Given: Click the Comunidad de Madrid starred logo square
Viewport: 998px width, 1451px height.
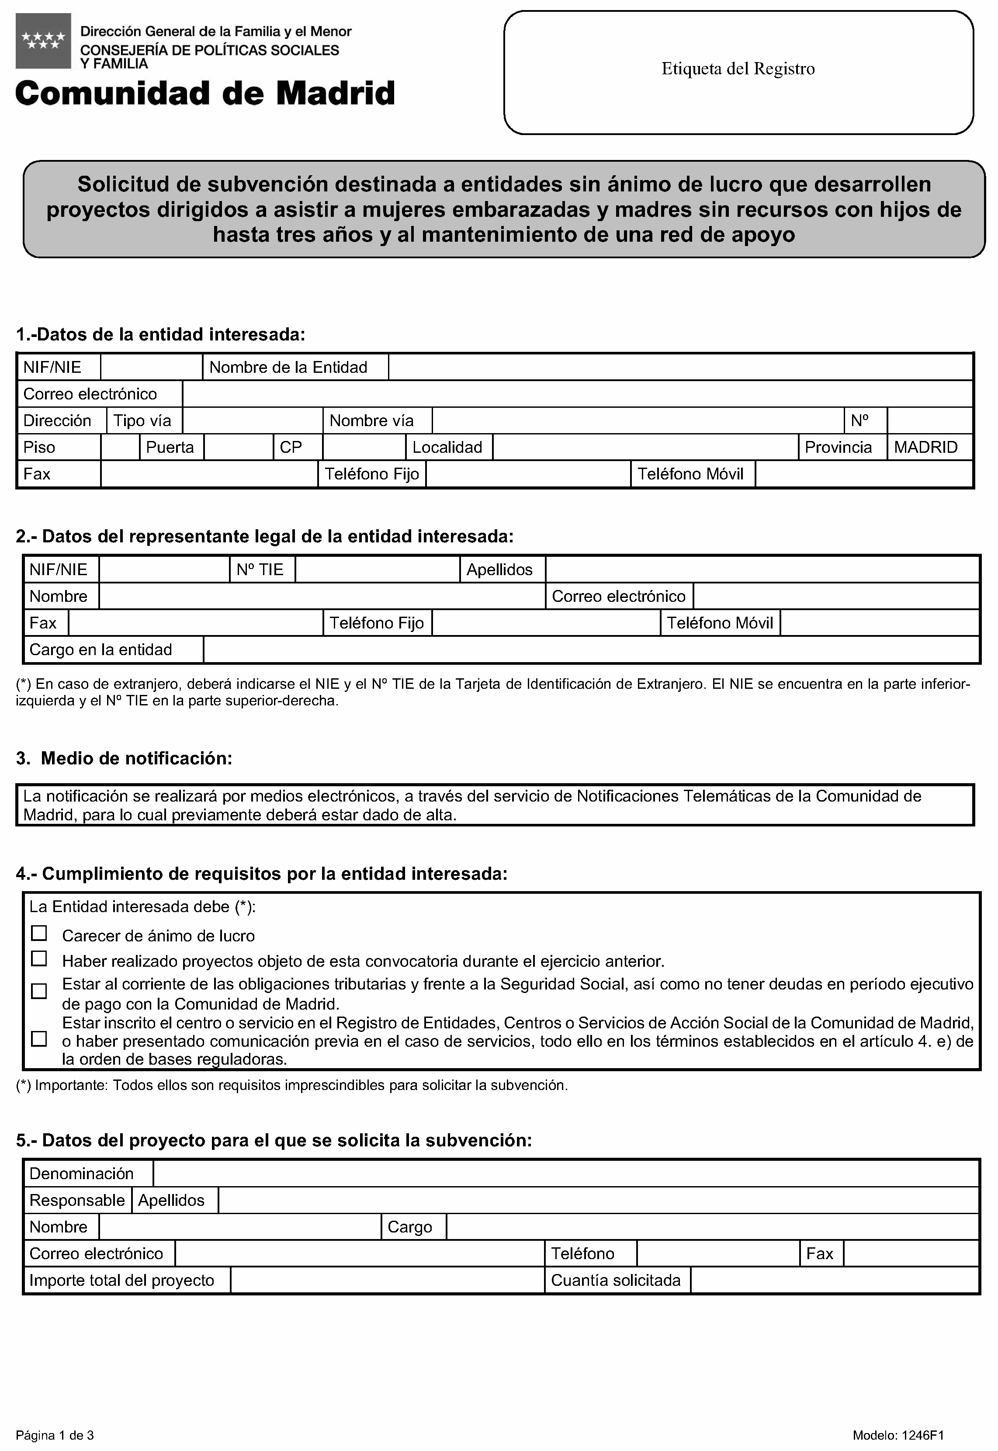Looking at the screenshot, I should pos(43,41).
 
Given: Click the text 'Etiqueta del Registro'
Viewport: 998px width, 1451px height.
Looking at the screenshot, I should pos(738,69).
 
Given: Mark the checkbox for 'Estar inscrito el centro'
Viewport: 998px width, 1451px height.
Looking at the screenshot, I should pos(39,1039).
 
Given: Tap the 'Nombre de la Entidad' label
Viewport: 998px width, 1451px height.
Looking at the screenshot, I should pos(288,367).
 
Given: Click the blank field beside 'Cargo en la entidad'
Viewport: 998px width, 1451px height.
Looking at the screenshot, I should pos(591,650).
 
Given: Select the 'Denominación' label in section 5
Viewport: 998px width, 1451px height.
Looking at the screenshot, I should pos(82,1173).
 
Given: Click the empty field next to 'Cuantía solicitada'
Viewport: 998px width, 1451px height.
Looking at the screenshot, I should pos(834,1280).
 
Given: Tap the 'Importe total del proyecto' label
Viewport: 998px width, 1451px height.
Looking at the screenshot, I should pos(122,1280).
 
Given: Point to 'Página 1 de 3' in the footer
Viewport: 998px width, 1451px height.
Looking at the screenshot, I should pos(55,1435).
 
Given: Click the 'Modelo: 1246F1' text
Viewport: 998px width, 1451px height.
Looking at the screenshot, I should pos(898,1435).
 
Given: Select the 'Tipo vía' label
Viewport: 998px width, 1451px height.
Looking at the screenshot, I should pos(142,420).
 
